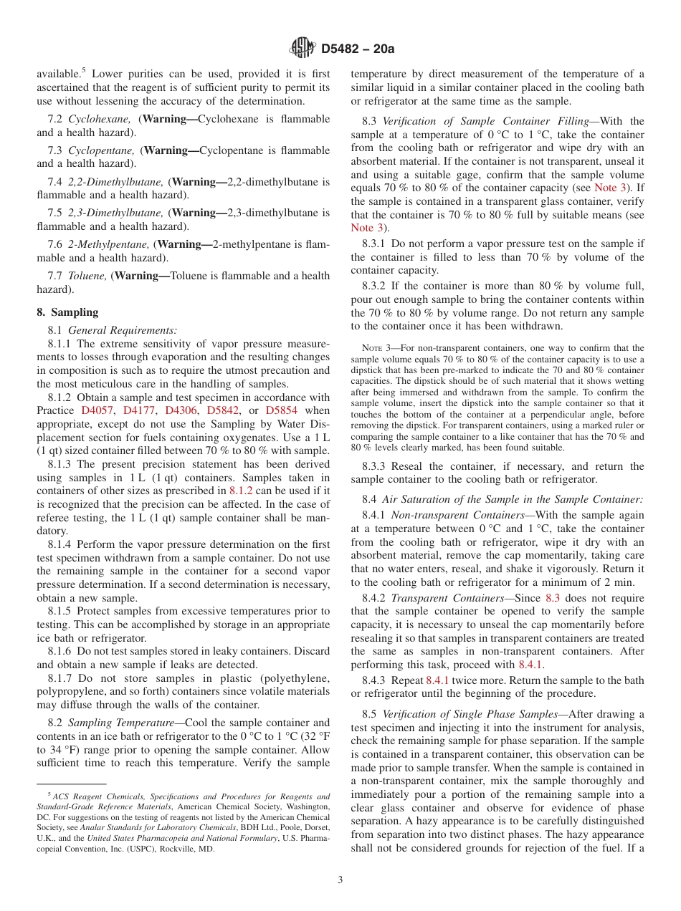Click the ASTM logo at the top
coord(302,48)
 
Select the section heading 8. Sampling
coord(67,312)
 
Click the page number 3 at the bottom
coord(340,880)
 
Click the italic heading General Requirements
coord(123,330)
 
